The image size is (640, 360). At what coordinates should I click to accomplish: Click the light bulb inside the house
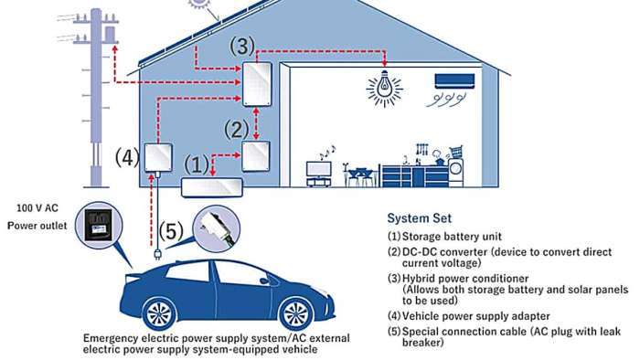coord(385,87)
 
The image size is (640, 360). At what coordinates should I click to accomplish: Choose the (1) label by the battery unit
coord(196,164)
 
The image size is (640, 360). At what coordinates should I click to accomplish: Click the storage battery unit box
coord(212,187)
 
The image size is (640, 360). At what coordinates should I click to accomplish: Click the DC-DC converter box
coord(256,156)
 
